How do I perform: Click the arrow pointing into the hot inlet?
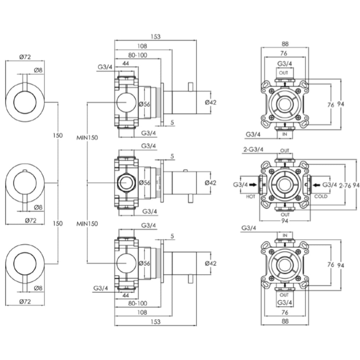tap(253, 185)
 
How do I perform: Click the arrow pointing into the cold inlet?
tap(317, 185)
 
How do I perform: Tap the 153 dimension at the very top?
tap(155, 36)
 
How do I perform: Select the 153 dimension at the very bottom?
tap(155, 321)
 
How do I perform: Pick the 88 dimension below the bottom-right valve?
tap(285, 321)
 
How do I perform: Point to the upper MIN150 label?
tap(87, 138)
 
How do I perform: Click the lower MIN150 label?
tap(87, 224)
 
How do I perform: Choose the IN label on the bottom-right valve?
tap(285, 235)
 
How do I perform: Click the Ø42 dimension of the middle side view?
tap(211, 183)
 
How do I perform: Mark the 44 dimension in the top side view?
tap(126, 63)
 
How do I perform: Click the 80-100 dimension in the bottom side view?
tap(138, 303)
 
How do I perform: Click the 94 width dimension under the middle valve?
tap(285, 220)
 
